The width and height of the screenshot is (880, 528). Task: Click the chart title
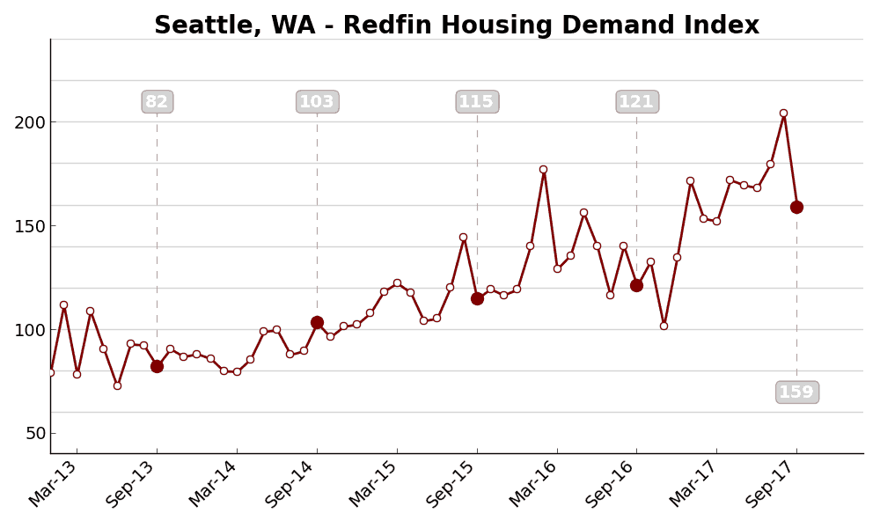456,26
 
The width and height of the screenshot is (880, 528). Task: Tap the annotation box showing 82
158,102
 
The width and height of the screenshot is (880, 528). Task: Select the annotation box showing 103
317,102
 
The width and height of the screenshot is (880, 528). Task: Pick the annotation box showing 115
477,102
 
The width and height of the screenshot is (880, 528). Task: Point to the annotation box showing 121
636,102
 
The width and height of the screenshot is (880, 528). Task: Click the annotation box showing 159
796,392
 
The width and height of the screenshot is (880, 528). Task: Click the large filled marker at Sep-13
157,366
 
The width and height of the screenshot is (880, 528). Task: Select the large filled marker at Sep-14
317,322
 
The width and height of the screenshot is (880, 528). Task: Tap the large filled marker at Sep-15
477,298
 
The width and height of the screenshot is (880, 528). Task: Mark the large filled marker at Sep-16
636,285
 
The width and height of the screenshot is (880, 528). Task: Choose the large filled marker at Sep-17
796,207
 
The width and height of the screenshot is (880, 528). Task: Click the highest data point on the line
783,113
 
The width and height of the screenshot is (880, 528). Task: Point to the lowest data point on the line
117,385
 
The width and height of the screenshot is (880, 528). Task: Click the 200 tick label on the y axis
29,122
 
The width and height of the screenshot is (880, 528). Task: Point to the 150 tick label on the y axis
29,226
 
